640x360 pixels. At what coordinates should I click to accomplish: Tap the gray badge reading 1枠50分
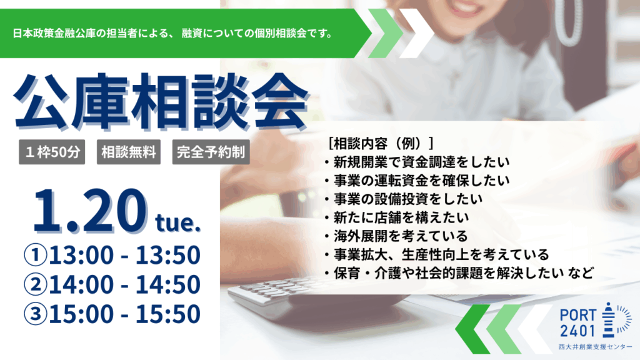click(x=52, y=152)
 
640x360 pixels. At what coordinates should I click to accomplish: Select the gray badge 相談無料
click(x=129, y=152)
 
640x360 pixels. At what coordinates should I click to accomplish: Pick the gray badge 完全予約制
click(x=211, y=152)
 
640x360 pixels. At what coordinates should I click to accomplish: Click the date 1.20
click(x=90, y=211)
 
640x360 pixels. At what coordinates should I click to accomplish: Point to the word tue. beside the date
click(x=178, y=222)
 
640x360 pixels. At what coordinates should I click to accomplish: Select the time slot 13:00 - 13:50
click(x=125, y=255)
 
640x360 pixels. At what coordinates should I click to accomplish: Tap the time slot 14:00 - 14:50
click(x=125, y=284)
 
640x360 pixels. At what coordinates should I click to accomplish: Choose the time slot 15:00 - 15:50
click(x=125, y=314)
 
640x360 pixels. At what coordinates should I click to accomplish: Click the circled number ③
click(x=36, y=314)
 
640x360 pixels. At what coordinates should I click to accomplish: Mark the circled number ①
click(x=36, y=255)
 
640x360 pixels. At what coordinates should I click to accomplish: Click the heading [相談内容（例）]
click(x=381, y=143)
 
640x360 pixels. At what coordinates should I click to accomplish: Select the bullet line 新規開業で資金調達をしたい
click(x=422, y=162)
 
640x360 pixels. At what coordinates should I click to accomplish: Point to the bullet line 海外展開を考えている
click(x=401, y=236)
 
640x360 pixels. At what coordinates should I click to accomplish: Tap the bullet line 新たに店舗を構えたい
click(x=401, y=217)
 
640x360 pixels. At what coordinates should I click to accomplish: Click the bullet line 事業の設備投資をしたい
click(x=408, y=199)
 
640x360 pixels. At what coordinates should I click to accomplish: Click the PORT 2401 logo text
click(x=578, y=323)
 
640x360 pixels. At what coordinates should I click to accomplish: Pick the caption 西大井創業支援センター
click(x=596, y=347)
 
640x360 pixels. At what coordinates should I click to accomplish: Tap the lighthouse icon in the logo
click(x=609, y=320)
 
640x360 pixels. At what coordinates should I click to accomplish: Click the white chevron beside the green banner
click(x=416, y=33)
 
